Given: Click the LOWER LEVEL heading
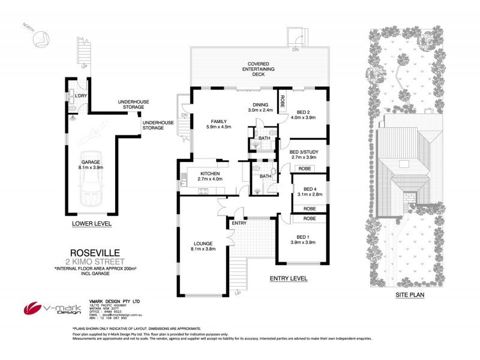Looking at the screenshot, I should tap(91, 224).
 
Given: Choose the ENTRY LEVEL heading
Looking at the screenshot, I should tap(288, 278).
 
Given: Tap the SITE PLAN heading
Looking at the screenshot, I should tap(410, 295).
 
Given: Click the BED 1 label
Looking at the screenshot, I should tap(302, 236).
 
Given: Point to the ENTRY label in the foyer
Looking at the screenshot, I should tap(239, 224).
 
